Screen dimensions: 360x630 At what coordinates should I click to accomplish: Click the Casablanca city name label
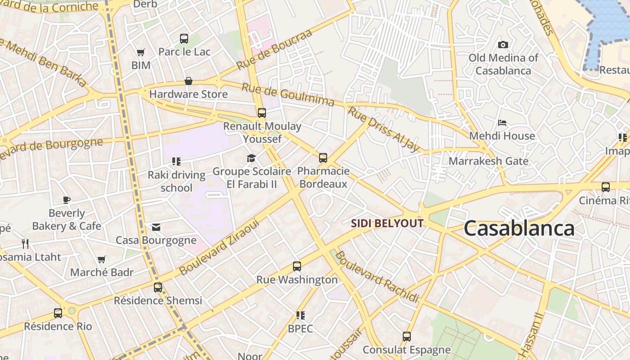click(519, 228)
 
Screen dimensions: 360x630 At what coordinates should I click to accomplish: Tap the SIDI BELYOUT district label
click(387, 223)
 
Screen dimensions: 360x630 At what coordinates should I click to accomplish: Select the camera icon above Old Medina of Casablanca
click(503, 45)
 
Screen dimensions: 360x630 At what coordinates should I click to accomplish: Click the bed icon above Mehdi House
click(502, 122)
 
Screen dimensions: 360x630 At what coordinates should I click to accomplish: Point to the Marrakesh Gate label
click(488, 161)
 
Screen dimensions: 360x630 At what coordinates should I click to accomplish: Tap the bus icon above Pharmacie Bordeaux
click(323, 158)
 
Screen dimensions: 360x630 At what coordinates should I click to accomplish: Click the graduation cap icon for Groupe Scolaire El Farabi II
click(251, 158)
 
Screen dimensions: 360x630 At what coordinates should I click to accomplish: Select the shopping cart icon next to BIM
click(141, 53)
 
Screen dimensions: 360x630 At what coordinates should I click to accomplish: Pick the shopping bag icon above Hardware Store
click(189, 81)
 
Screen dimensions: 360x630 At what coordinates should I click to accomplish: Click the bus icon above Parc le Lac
click(184, 39)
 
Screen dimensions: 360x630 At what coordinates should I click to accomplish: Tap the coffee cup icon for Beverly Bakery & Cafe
click(67, 200)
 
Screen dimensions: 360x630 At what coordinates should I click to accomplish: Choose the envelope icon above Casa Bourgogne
click(156, 227)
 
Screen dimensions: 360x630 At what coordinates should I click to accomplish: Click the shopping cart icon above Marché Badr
click(102, 259)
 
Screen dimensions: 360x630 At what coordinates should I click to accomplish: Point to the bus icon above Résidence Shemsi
click(158, 287)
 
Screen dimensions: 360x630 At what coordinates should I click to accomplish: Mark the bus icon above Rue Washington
click(297, 266)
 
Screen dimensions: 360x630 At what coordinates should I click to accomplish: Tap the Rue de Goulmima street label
click(288, 94)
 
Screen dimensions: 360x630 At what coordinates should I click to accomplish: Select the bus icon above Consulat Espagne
click(407, 337)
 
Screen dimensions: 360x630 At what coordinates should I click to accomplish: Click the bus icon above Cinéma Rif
click(606, 187)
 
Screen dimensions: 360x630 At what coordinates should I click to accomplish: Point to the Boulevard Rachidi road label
click(377, 277)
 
